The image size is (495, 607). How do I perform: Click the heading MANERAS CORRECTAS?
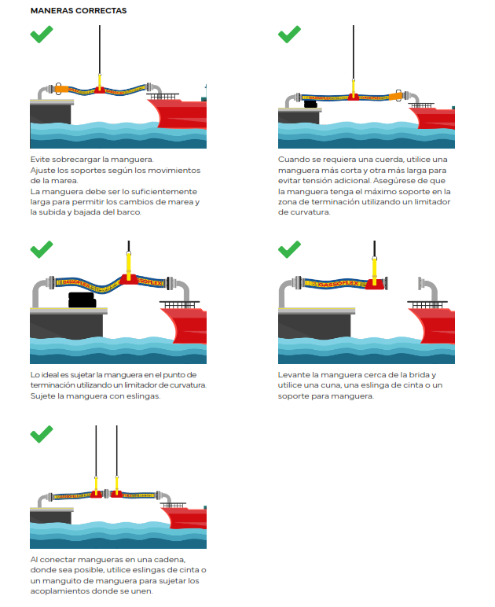[79, 10]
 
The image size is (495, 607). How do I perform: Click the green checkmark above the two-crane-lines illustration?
[42, 434]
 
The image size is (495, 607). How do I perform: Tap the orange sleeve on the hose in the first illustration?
[61, 89]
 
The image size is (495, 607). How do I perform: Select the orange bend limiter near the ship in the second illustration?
[395, 95]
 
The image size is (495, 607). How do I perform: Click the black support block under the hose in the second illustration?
[310, 104]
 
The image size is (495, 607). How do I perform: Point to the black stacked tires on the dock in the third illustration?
[82, 300]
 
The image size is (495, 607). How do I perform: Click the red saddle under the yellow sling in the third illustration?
[129, 279]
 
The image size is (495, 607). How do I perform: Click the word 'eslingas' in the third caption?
[144, 396]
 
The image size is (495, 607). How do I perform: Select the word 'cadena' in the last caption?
[170, 560]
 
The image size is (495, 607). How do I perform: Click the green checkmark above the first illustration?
[42, 35]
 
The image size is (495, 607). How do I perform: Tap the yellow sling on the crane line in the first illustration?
[99, 81]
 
